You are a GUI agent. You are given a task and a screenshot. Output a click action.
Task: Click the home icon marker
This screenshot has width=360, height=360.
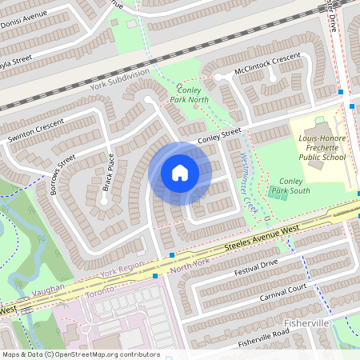pos(180,173)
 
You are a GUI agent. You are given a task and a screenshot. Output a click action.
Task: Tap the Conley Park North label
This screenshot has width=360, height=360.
pos(190,94)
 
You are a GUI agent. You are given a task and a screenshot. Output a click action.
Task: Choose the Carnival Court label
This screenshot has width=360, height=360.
pos(283,292)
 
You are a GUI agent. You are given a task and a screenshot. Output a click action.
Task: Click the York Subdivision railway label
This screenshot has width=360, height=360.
pos(120,78)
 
